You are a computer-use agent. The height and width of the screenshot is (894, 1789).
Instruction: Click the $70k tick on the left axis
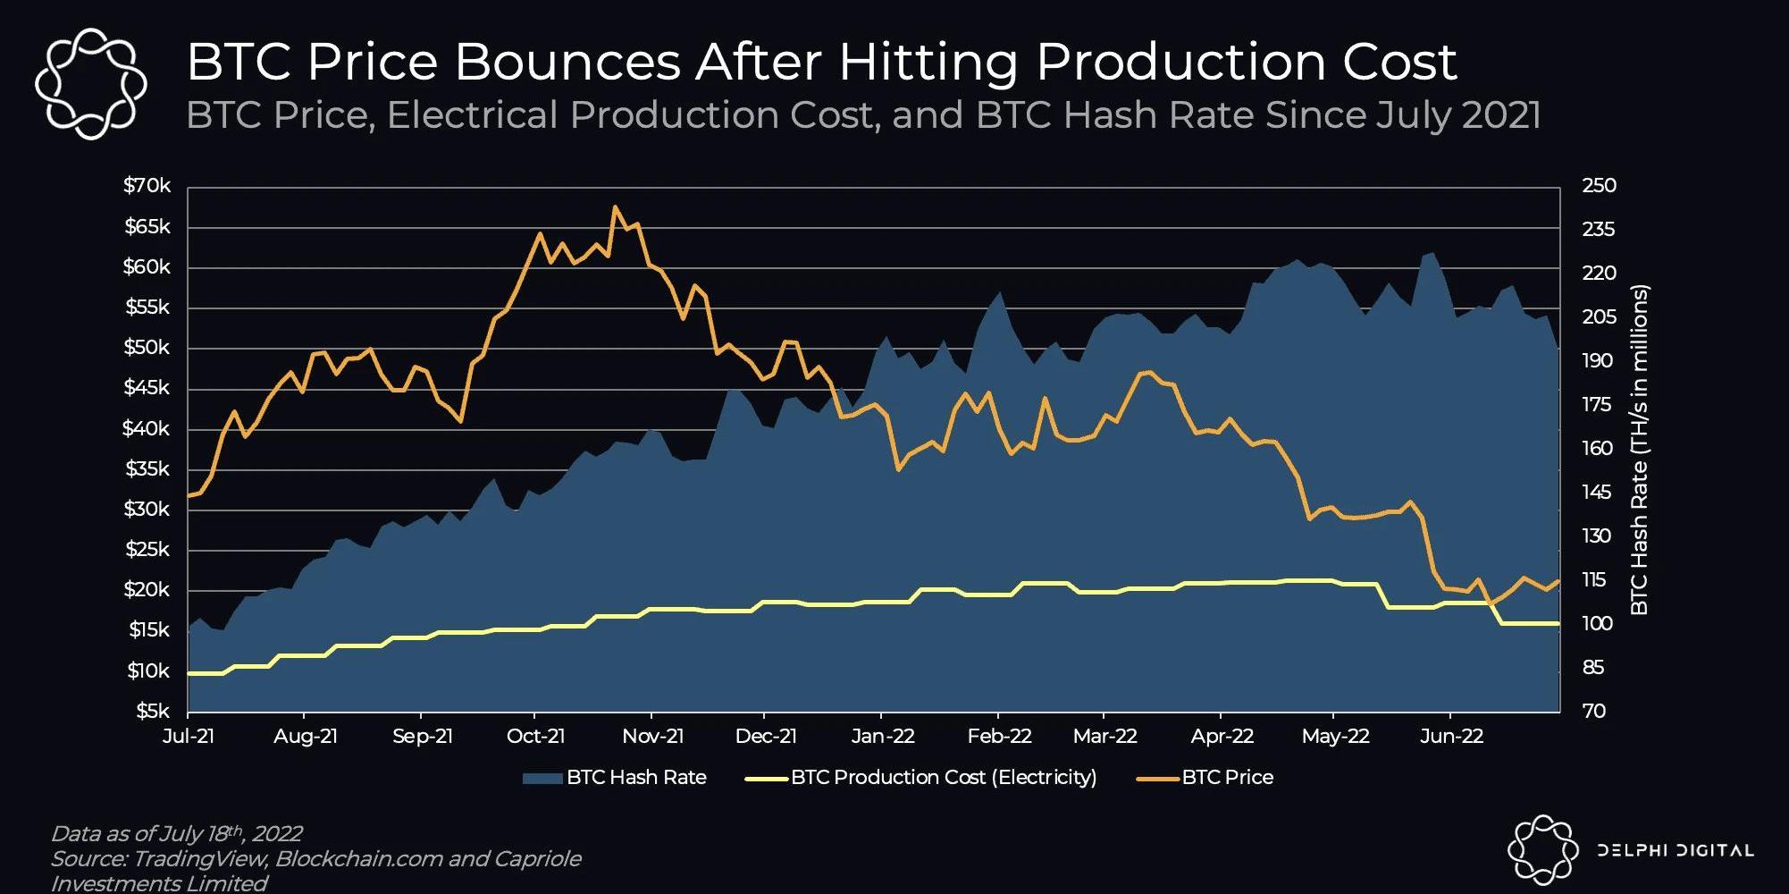point(147,187)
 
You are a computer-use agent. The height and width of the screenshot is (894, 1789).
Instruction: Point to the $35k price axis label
point(147,469)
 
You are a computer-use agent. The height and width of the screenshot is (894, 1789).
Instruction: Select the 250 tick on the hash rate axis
point(1599,186)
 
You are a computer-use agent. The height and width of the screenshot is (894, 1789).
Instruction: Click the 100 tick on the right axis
point(1599,624)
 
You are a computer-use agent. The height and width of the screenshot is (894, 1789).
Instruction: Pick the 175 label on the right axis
point(1599,405)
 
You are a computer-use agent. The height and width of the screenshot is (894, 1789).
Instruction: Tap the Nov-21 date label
point(653,737)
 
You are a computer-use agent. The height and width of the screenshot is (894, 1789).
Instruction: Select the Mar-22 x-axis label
point(1105,737)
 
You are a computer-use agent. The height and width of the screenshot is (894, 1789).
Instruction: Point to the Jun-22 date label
point(1452,737)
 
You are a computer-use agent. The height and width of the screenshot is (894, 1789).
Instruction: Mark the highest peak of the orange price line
point(615,207)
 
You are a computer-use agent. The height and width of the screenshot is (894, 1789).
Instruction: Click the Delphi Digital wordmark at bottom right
point(1675,850)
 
